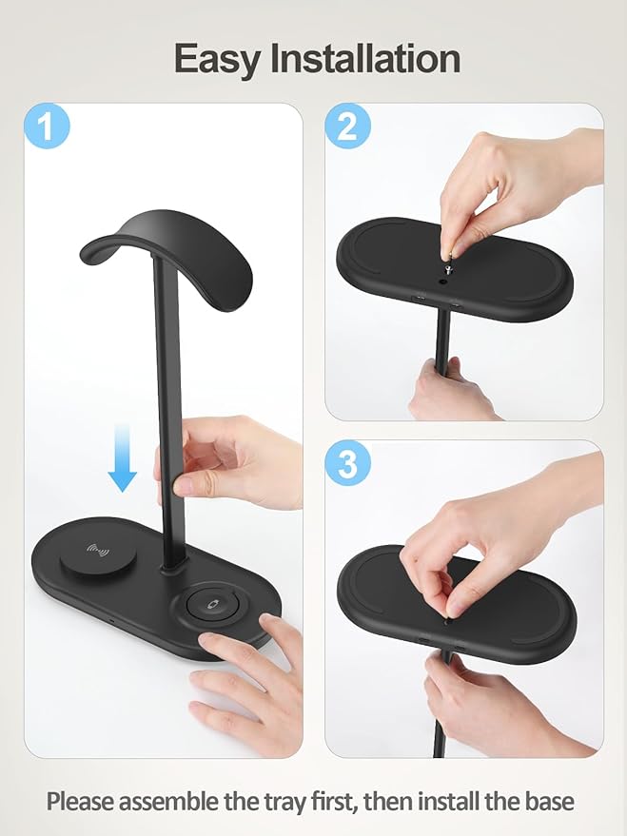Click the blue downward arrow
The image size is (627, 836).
pyautogui.click(x=122, y=457)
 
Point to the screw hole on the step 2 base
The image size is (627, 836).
pyautogui.click(x=444, y=279)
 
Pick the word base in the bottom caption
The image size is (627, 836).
pyautogui.click(x=547, y=801)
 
